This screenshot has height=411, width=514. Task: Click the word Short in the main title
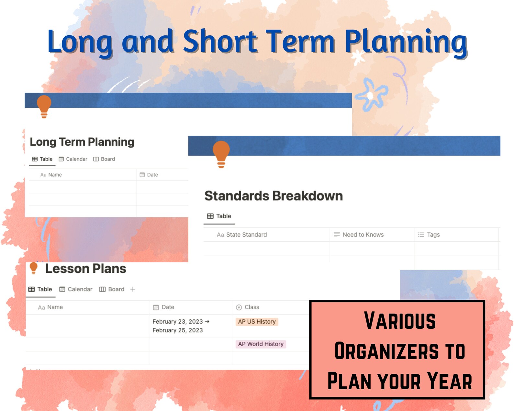pos(220,41)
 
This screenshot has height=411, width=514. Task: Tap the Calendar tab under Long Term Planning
pos(73,159)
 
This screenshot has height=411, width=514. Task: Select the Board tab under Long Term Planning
pos(104,159)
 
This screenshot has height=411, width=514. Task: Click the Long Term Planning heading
pos(82,142)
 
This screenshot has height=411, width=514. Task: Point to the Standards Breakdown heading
pos(274,196)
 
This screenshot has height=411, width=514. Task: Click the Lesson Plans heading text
pos(85,269)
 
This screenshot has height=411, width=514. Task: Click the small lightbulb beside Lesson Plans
pos(33,268)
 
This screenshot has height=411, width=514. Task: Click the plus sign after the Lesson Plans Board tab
pos(133,289)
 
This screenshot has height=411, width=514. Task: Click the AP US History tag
pos(257,322)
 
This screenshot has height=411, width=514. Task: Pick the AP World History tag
pos(261,344)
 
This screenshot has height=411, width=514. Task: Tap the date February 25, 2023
pos(178,330)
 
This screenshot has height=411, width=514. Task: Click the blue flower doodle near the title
pos(371,95)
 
